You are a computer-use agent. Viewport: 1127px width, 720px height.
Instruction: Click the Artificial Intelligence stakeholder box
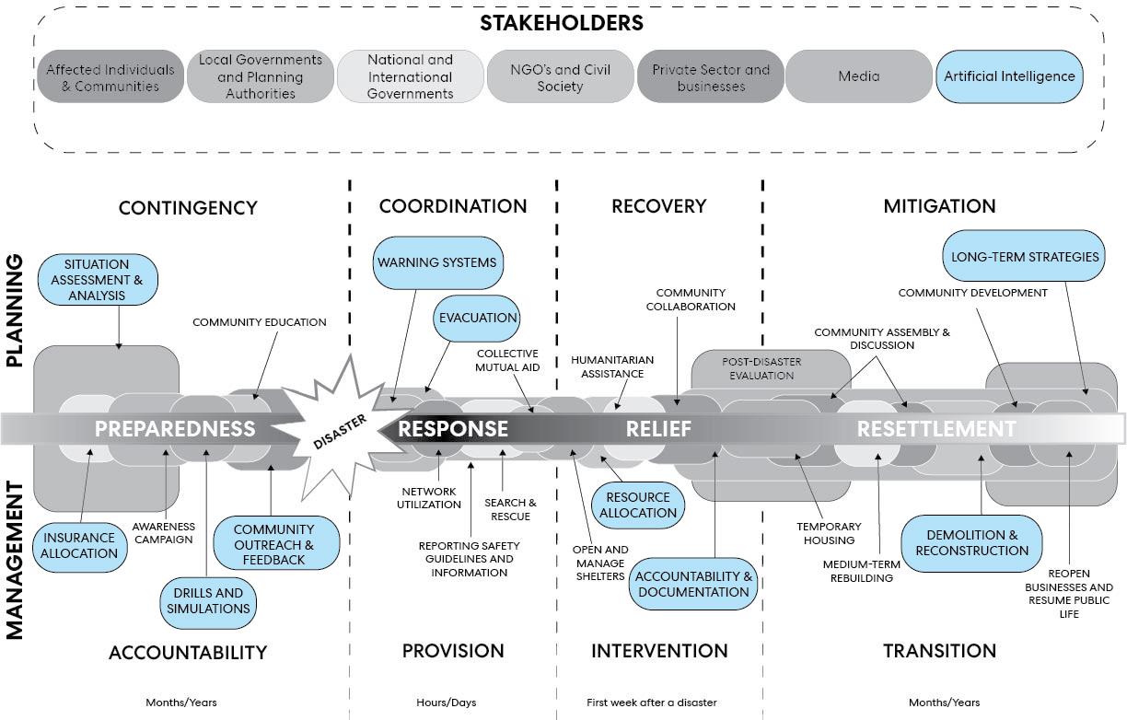tap(1009, 76)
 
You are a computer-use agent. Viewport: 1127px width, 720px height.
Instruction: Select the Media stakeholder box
tap(858, 76)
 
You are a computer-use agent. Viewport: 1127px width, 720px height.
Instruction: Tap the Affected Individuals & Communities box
tap(110, 77)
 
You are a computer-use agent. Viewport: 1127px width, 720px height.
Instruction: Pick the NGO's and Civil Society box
tap(560, 77)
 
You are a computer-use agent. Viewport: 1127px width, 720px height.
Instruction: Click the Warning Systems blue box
tap(437, 262)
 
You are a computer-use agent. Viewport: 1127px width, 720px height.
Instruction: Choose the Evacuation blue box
tap(478, 318)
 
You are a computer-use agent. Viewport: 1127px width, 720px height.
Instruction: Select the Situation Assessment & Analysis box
tap(97, 280)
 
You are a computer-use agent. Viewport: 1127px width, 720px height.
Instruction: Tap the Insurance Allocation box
tap(79, 545)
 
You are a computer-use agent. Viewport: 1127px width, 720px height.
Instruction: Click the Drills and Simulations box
tap(208, 600)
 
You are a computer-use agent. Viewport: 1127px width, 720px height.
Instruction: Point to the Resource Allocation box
tap(638, 505)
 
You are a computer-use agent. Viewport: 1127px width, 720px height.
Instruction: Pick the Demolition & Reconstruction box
tap(971, 542)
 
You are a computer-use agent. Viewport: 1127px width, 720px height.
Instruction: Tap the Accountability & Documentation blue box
tap(693, 584)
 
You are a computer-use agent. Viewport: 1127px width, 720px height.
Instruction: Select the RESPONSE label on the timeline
tap(453, 428)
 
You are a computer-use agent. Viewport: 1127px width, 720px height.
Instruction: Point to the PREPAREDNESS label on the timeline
tap(175, 428)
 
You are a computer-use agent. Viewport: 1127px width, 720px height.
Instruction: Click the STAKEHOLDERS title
tap(562, 23)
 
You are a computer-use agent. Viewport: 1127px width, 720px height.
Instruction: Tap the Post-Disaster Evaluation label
tap(761, 368)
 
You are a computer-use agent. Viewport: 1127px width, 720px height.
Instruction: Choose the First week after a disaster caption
tap(651, 703)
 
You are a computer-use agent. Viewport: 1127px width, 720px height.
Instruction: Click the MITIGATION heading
tap(939, 206)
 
